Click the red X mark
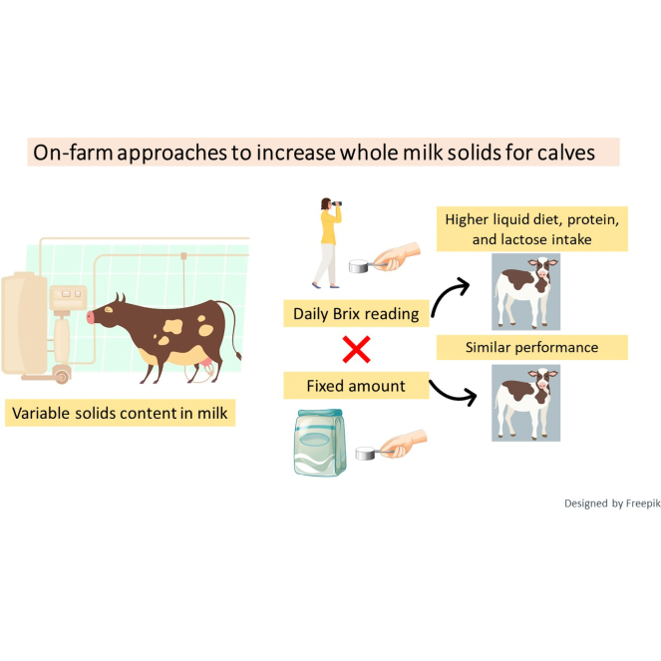click(356, 350)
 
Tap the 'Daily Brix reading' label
click(356, 314)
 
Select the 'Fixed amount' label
click(356, 386)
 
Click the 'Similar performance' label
click(532, 347)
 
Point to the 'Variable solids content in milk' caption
click(121, 413)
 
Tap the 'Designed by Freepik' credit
click(612, 503)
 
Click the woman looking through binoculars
click(328, 243)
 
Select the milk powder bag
click(320, 443)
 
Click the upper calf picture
click(525, 292)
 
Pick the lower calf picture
click(525, 403)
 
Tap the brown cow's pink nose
click(90, 317)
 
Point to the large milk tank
click(24, 323)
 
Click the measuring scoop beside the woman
click(359, 266)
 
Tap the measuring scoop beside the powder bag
click(366, 454)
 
